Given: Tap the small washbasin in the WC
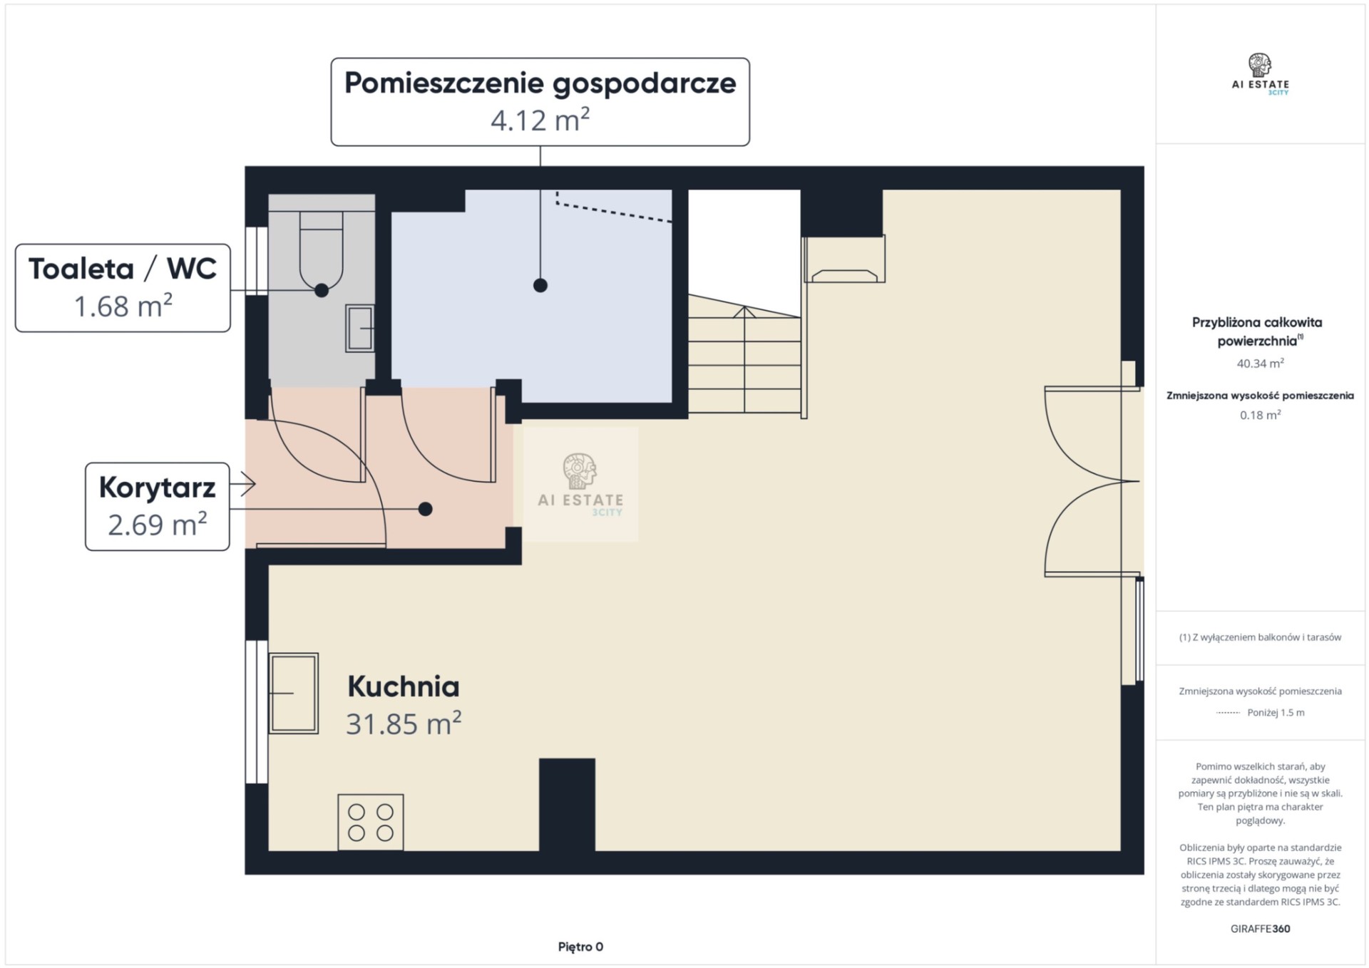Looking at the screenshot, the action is (x=360, y=328).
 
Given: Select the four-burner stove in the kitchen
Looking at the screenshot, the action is (x=371, y=822).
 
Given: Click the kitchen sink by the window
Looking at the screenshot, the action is (x=294, y=693).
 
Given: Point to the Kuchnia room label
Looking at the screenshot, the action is (x=404, y=686).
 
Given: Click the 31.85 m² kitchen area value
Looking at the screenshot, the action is (x=404, y=724).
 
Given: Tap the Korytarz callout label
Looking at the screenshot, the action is (x=157, y=488).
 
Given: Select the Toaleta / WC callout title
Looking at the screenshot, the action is (x=123, y=269).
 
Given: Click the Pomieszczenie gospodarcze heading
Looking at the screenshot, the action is (x=540, y=83).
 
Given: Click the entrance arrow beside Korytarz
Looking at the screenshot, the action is (x=247, y=484).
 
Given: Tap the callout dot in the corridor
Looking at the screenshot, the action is (x=426, y=509).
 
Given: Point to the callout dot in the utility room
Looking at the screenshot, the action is (x=540, y=285).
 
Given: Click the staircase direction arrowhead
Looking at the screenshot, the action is (x=744, y=311).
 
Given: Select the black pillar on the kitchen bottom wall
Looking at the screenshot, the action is (x=567, y=805).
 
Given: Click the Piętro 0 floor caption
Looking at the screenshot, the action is (x=580, y=947).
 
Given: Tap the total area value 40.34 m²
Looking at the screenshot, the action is (x=1260, y=363).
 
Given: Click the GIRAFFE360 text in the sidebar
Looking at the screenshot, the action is (x=1260, y=929).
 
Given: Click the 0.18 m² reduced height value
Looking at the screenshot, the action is (x=1260, y=415).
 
